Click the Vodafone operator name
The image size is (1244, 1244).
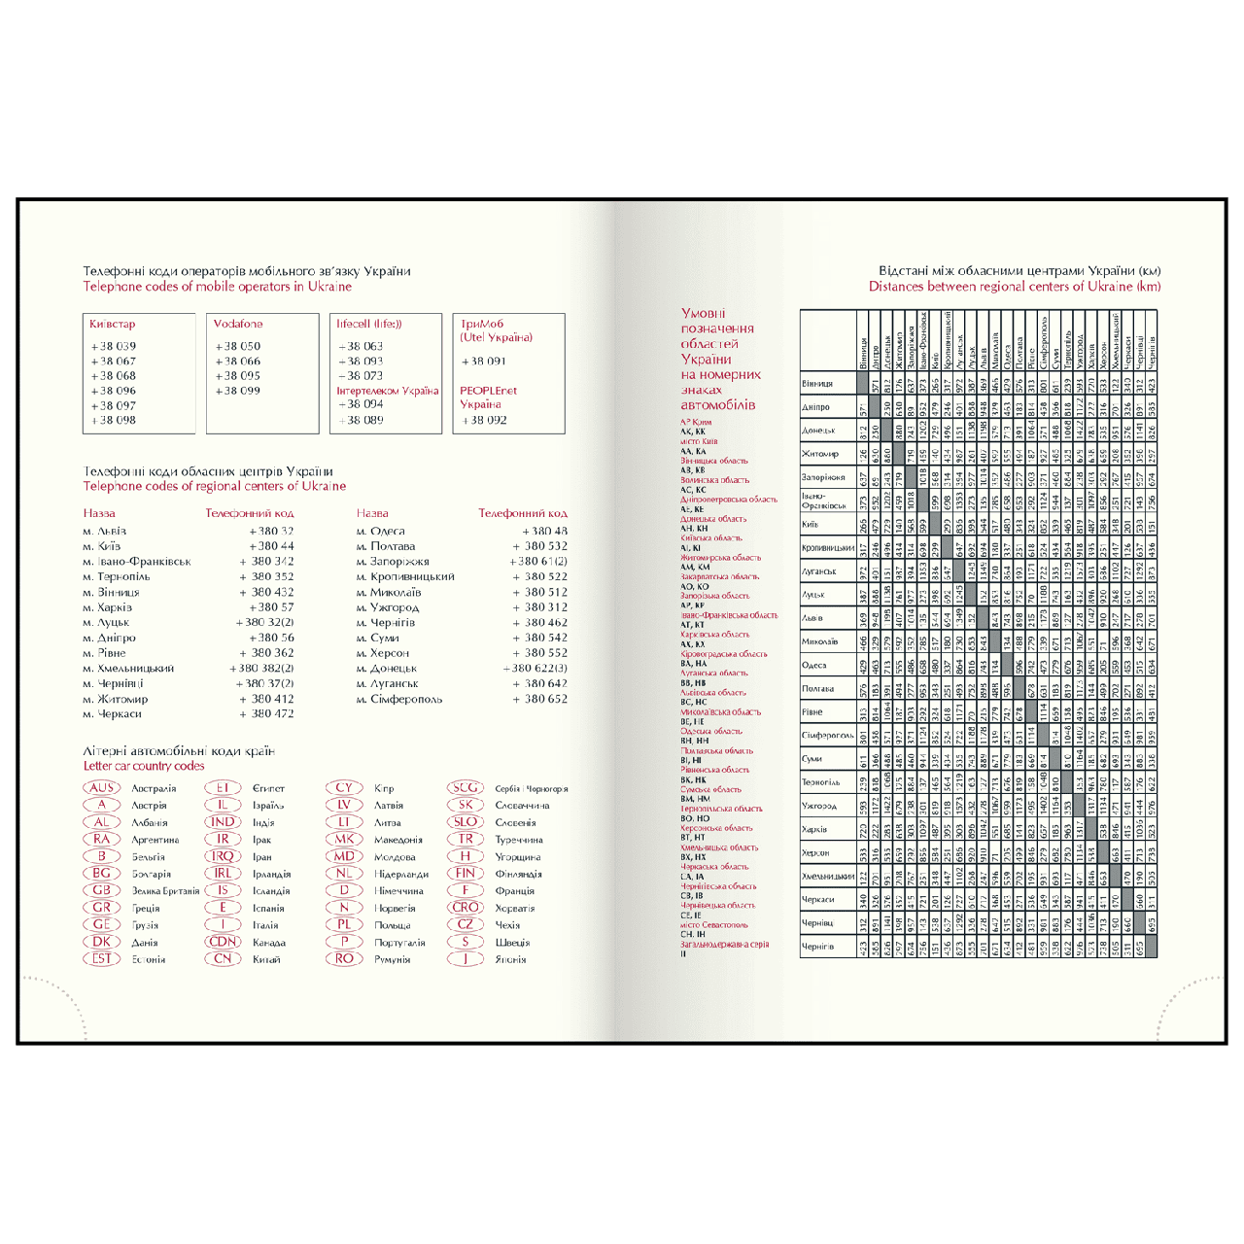pos(238,324)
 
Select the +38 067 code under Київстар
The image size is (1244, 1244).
pos(114,361)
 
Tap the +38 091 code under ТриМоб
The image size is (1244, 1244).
pos(484,361)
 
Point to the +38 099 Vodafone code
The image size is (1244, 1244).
pos(237,391)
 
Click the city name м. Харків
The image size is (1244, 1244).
pos(108,607)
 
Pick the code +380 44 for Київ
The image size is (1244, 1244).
pos(271,546)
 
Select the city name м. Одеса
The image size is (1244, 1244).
pos(381,531)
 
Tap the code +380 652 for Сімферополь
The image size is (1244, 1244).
pos(545,699)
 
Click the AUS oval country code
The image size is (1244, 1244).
pos(101,788)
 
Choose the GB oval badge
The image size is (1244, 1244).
pos(101,890)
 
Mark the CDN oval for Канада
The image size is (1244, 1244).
pos(223,942)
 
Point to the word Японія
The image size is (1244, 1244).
pos(510,959)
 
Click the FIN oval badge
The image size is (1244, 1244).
pos(465,874)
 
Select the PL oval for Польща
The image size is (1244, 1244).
pos(343,925)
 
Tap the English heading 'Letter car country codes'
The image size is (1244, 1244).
pos(144,766)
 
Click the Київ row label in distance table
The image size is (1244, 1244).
pos(811,525)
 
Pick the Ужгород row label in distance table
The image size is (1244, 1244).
pos(818,806)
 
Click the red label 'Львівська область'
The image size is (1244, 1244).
pos(713,693)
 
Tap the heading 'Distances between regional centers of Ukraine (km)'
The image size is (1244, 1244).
pos(1015,287)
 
